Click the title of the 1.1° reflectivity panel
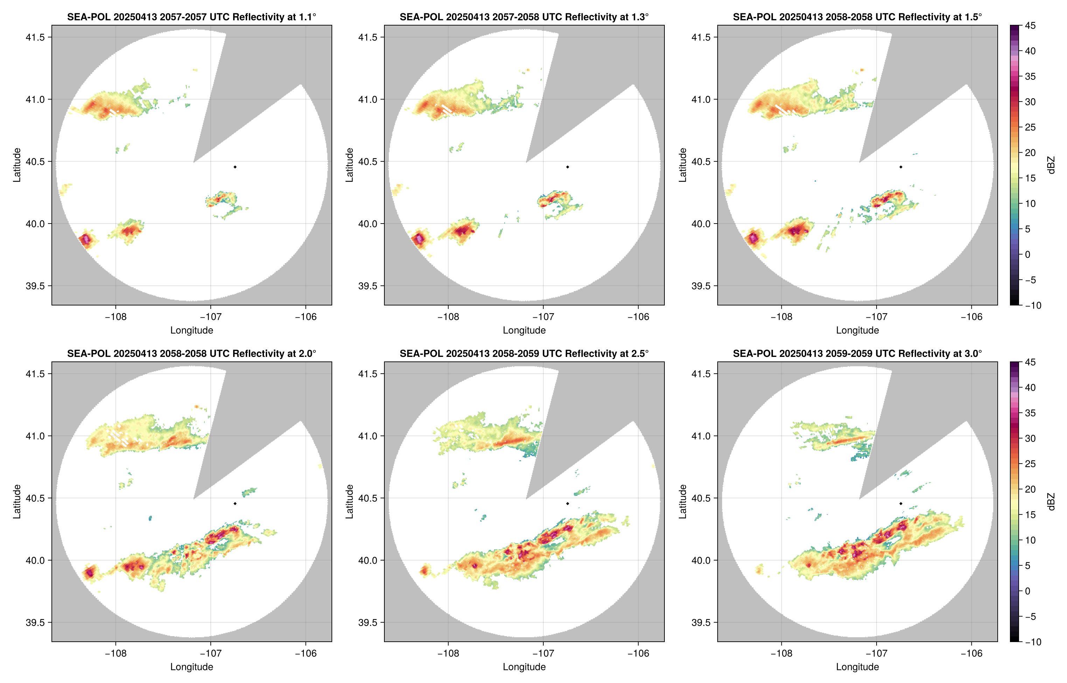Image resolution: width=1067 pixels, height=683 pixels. (x=191, y=17)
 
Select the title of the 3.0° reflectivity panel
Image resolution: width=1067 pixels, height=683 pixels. (x=857, y=353)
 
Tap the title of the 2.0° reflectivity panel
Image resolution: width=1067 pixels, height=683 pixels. (x=191, y=353)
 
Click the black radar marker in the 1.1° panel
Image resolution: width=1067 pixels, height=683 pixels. (x=235, y=167)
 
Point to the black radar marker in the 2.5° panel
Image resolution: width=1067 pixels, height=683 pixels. (x=567, y=504)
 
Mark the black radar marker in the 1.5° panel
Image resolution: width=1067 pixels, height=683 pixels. (x=901, y=167)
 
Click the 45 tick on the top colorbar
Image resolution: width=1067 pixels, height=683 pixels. (x=1030, y=26)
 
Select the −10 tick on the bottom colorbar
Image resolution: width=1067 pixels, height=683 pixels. (x=1033, y=642)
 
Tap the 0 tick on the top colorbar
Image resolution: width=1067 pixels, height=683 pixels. (x=1027, y=255)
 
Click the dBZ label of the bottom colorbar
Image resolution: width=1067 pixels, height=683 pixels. (x=1051, y=502)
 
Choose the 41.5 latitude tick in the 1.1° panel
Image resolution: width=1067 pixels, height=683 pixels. (x=35, y=37)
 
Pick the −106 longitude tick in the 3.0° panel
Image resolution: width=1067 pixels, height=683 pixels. (x=971, y=653)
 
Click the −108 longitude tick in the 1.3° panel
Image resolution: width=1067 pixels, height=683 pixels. (x=448, y=317)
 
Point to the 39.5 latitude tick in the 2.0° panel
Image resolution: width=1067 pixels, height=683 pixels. (x=35, y=622)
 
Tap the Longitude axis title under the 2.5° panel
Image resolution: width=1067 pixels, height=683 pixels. (x=524, y=667)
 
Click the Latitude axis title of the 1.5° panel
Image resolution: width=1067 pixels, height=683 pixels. (x=682, y=165)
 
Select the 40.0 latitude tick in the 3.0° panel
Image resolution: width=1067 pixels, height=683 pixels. (x=701, y=560)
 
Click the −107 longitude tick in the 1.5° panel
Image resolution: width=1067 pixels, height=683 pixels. (x=876, y=317)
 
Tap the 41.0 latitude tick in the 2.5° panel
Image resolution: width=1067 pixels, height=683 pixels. (x=368, y=436)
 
